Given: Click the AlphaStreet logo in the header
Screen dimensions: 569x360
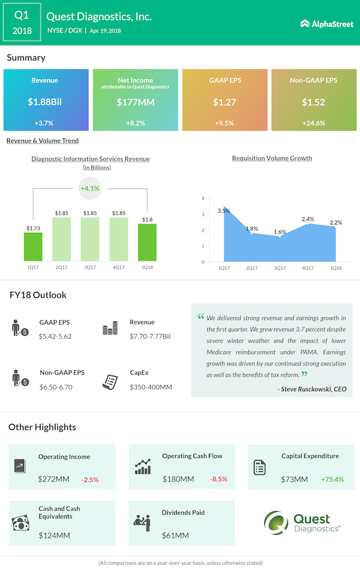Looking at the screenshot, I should [327, 24].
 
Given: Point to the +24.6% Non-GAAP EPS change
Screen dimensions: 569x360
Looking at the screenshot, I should [314, 123].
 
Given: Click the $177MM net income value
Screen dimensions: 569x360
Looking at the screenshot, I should [135, 102].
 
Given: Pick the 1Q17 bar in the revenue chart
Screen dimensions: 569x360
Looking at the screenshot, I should [33, 246].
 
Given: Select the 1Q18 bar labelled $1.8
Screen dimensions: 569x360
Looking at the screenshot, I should [147, 242].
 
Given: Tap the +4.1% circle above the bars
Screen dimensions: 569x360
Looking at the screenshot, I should [89, 188].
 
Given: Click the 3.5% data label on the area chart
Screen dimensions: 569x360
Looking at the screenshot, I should [223, 211].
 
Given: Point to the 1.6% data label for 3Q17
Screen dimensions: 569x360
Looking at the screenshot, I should [280, 232].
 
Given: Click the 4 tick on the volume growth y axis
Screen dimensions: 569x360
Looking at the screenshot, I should [203, 198].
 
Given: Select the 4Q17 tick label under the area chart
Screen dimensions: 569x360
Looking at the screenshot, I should [308, 268].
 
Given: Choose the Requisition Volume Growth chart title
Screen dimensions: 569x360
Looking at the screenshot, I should [272, 158].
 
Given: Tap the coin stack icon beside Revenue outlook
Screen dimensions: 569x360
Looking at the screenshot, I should [109, 329].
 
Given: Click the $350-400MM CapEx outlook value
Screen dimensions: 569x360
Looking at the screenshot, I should [151, 387].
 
